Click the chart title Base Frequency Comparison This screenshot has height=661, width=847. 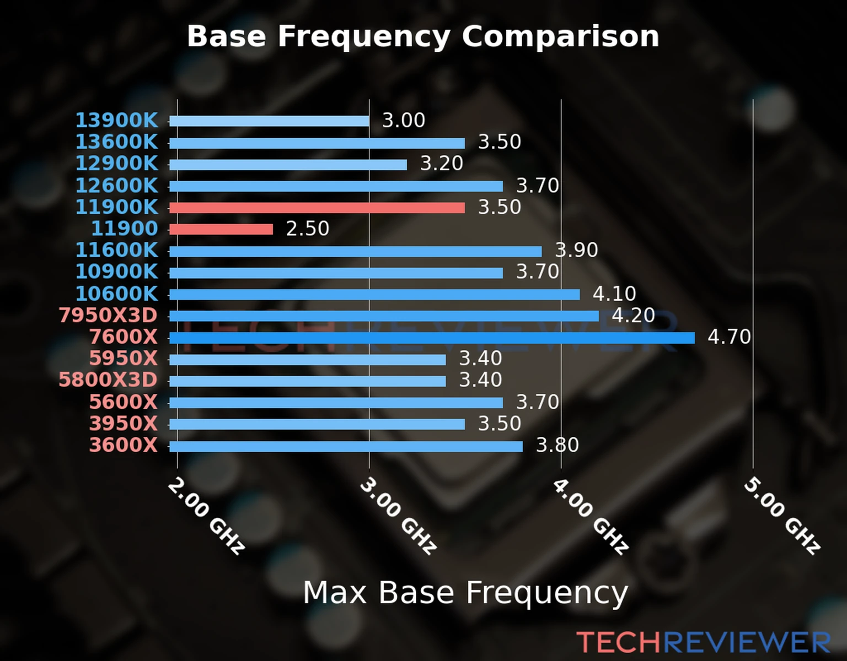tap(423, 36)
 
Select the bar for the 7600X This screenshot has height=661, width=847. tap(431, 338)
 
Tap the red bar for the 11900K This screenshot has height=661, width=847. tap(317, 208)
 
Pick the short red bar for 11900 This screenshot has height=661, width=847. tap(221, 229)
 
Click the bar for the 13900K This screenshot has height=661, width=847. tap(269, 121)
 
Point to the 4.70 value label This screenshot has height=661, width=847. tap(729, 337)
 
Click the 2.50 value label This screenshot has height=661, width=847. tap(307, 229)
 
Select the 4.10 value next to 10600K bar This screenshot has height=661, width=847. tap(614, 294)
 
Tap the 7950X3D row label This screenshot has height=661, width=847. tap(108, 315)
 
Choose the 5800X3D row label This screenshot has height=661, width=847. tap(108, 380)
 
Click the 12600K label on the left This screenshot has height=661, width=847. tap(116, 186)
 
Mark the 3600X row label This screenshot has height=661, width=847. tap(124, 445)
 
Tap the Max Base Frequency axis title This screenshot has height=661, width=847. tap(465, 593)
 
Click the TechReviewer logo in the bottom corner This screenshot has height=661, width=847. tap(703, 642)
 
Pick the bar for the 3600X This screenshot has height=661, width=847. tap(346, 446)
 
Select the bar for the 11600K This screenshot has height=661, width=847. tap(355, 251)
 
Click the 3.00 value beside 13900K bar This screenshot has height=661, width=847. tap(404, 120)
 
